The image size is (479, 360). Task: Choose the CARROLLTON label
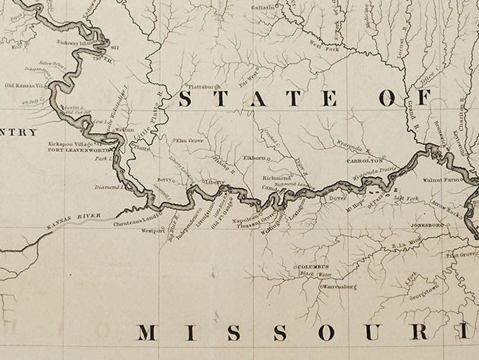(x=364, y=161)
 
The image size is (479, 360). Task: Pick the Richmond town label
(x=276, y=178)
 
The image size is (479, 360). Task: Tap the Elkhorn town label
(x=254, y=158)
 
